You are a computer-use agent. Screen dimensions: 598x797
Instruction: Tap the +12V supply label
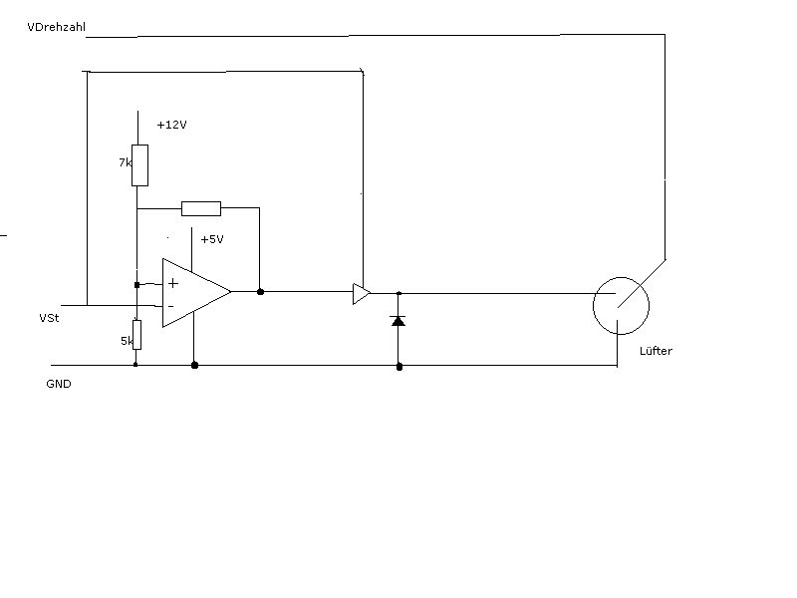click(x=172, y=126)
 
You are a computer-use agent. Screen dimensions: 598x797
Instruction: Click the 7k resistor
click(x=139, y=164)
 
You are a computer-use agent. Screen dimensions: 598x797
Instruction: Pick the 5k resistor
click(x=136, y=336)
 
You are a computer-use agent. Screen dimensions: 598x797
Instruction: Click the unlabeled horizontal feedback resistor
click(x=200, y=208)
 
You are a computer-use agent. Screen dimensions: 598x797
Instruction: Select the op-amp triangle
click(x=194, y=293)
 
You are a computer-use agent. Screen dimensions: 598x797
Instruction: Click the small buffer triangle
click(x=361, y=293)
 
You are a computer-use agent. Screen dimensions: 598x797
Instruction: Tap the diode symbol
click(x=398, y=321)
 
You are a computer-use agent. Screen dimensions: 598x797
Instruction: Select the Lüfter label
click(x=644, y=352)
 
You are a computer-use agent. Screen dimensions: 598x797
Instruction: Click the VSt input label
click(x=49, y=318)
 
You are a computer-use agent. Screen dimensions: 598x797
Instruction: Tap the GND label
click(x=58, y=384)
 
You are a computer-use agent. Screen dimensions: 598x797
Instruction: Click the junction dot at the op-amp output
click(x=260, y=292)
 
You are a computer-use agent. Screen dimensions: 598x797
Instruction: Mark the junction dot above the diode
click(x=398, y=293)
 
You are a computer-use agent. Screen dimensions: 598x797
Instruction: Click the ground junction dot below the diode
click(x=399, y=367)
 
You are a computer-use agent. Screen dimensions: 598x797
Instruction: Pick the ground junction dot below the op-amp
click(x=194, y=366)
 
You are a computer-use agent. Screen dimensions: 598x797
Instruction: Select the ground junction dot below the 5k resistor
click(x=135, y=365)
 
